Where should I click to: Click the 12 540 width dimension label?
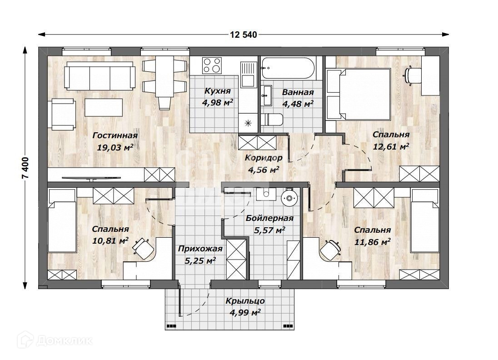[x=243, y=35]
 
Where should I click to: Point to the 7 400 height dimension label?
[x=25, y=168]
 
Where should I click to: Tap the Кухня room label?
[x=217, y=91]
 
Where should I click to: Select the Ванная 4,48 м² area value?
[x=298, y=104]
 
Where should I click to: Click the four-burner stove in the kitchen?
[x=212, y=65]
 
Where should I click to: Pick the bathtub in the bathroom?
[x=289, y=68]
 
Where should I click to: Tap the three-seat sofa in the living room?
[x=100, y=76]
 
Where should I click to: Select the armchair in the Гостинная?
[x=62, y=114]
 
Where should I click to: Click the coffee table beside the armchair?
[x=104, y=107]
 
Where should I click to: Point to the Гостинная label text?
[x=115, y=135]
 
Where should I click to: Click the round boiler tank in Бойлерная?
[x=289, y=198]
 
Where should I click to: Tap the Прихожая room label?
[x=200, y=249]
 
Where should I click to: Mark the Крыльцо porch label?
[x=245, y=301]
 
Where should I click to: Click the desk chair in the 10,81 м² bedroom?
[x=142, y=248]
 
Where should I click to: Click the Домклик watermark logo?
[x=55, y=340]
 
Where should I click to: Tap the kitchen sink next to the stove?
[x=249, y=75]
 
